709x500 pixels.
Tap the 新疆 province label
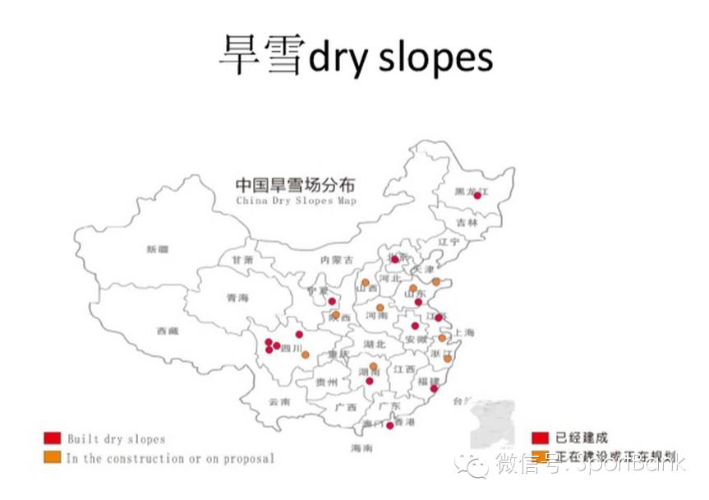[156, 248]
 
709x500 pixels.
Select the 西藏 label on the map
[167, 331]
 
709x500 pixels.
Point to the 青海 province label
[237, 299]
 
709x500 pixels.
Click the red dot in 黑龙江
[477, 196]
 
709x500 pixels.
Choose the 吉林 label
[466, 222]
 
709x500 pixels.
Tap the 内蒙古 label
[337, 260]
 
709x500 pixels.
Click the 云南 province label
[279, 403]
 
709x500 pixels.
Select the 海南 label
[361, 448]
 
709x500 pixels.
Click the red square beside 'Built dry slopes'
[53, 438]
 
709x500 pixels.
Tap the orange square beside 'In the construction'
[53, 457]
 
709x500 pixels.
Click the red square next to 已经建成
[540, 437]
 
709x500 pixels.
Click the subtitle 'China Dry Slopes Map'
[296, 201]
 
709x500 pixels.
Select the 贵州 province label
[327, 382]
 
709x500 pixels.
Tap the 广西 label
[346, 406]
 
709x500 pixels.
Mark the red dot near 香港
[389, 425]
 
